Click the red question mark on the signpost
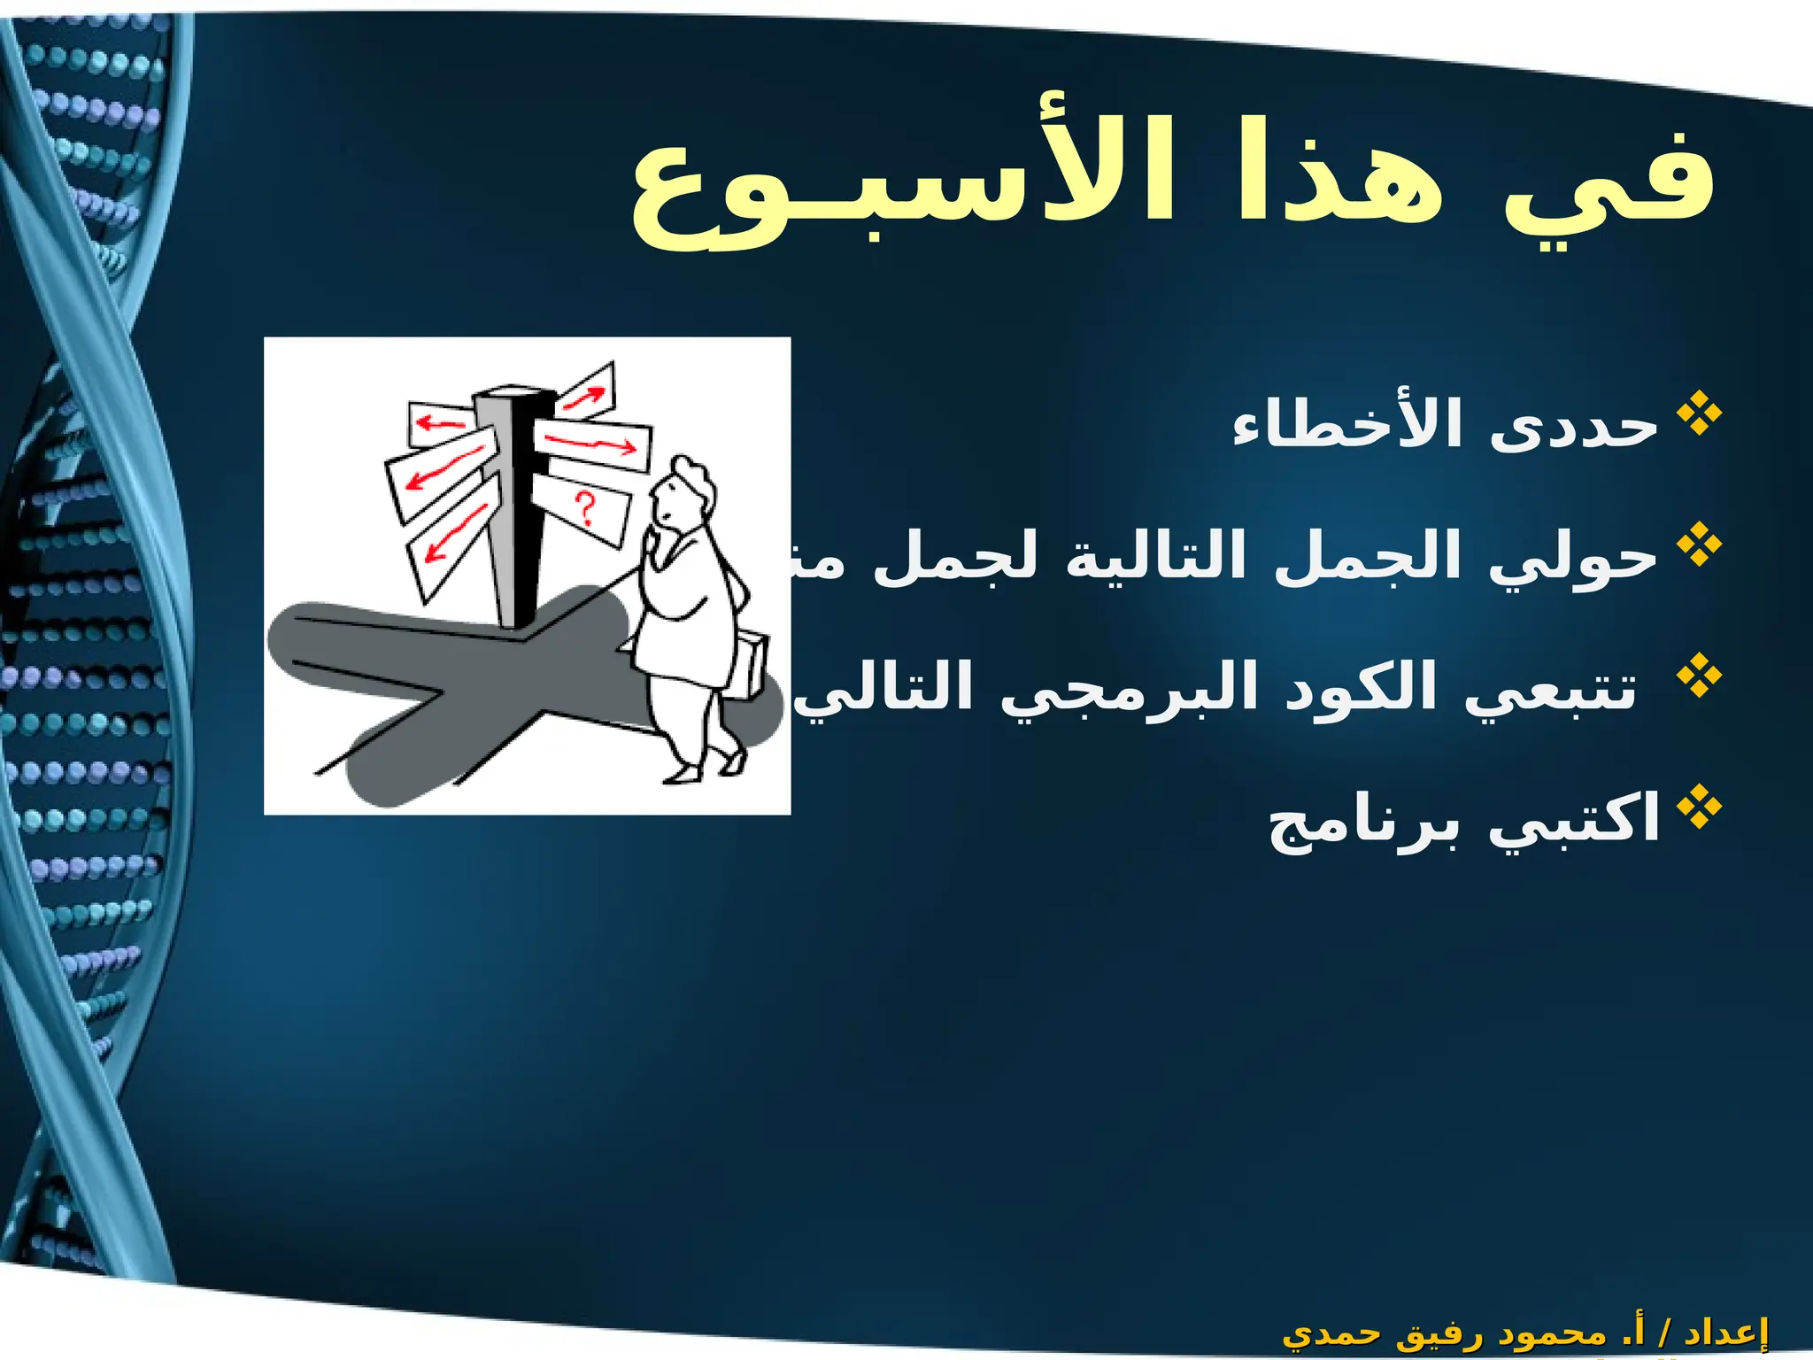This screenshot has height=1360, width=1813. click(x=584, y=510)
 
